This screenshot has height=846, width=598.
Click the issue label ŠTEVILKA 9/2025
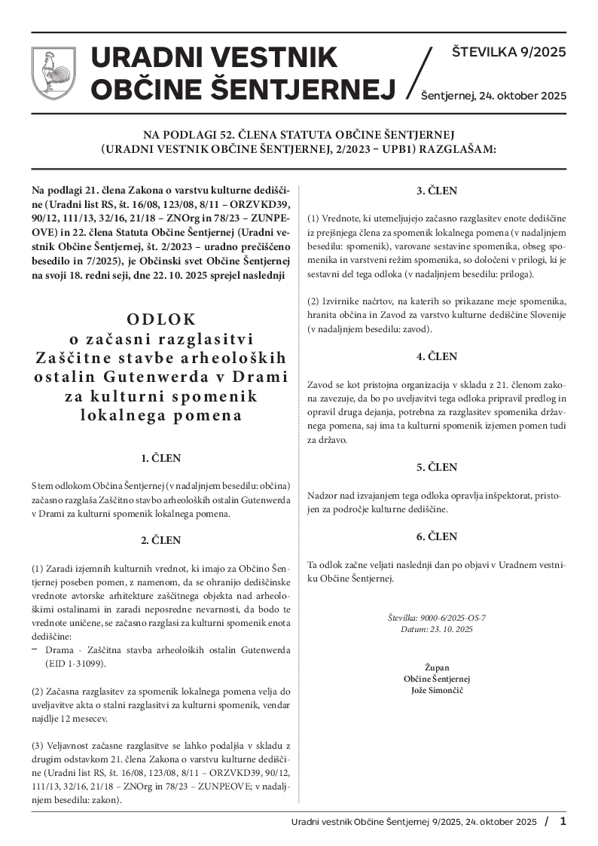click(x=508, y=53)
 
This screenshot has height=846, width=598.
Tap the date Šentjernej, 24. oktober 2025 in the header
click(x=493, y=96)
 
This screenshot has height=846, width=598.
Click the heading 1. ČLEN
click(x=161, y=458)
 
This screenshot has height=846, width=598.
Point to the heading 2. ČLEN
click(x=161, y=540)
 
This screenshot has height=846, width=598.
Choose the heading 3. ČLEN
click(x=437, y=191)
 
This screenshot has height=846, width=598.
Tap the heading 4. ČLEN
click(x=437, y=356)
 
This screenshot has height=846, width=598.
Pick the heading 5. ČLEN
click(x=437, y=467)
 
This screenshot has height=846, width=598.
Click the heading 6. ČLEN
click(x=437, y=536)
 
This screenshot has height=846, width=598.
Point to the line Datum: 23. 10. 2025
click(x=437, y=628)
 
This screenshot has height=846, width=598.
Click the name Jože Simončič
click(x=437, y=690)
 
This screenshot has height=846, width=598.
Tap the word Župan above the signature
click(x=437, y=667)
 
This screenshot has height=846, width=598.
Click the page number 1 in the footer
click(x=563, y=821)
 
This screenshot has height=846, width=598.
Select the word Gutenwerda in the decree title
click(x=191, y=376)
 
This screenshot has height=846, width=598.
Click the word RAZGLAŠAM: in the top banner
click(x=461, y=149)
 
